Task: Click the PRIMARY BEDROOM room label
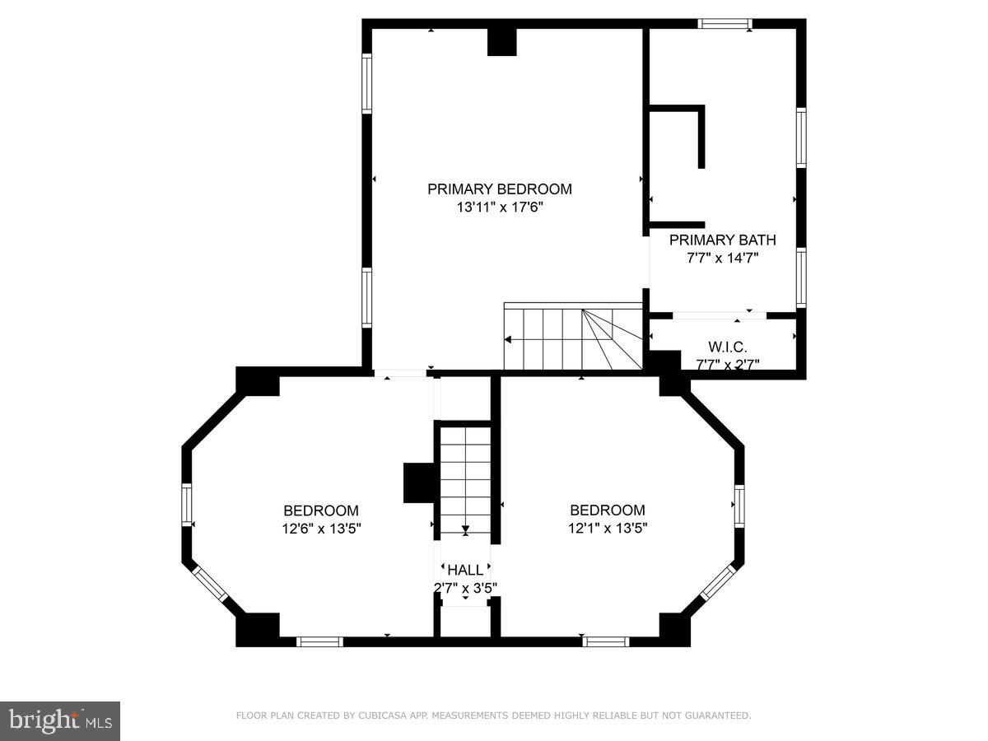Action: pos(499,189)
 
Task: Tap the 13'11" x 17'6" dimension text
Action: pos(500,208)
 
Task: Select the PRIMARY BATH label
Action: pos(722,240)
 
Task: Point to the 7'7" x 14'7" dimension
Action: pos(722,258)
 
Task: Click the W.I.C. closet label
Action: pos(727,347)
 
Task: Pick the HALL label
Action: pos(465,570)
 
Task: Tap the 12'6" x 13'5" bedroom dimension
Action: pos(321,529)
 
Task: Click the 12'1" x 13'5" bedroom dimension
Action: pos(608,529)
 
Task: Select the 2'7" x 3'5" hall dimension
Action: pos(465,588)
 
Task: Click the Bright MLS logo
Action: pos(60,720)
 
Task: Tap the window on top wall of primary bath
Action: pos(725,24)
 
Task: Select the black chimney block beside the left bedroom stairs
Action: pos(417,482)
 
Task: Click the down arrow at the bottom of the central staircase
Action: pos(465,530)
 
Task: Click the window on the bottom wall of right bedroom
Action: pos(605,641)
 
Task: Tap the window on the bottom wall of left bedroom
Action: pos(319,641)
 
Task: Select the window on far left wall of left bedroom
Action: pos(187,505)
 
